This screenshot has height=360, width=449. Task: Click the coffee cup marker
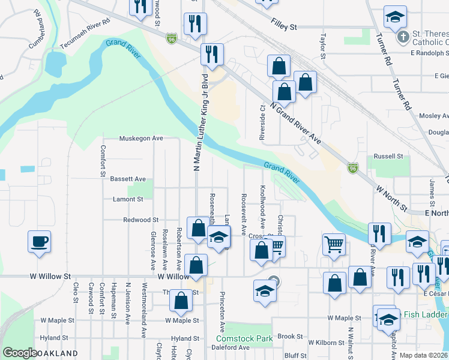(40, 242)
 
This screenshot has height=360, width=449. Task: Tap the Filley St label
(284, 27)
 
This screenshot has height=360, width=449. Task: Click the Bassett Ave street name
(128, 179)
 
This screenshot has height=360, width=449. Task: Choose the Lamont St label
(128, 199)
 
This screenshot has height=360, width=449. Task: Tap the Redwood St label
(140, 220)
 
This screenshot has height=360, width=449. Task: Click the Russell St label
(388, 156)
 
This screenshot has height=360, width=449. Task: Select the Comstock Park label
(244, 339)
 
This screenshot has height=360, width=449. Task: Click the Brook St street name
(290, 337)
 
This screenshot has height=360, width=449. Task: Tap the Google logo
(20, 353)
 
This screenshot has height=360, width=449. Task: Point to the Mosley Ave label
(435, 116)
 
